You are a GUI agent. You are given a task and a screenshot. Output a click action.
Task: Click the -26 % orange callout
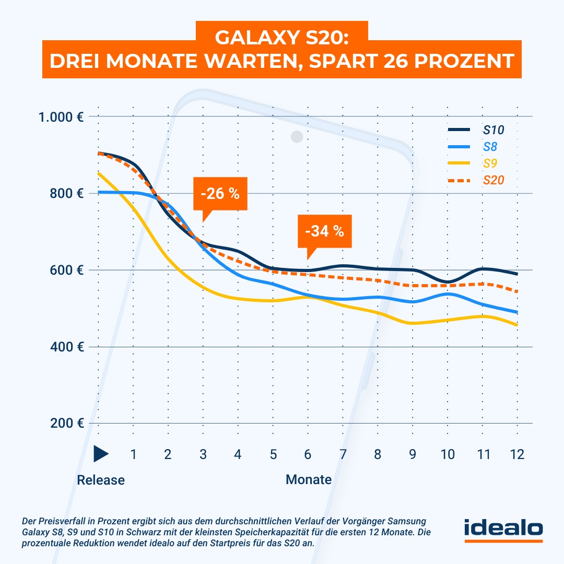tap(219, 194)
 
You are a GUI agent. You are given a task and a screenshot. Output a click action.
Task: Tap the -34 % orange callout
tap(324, 231)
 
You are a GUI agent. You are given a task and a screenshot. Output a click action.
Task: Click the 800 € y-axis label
tap(67, 194)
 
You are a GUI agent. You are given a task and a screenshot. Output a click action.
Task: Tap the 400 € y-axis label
tap(67, 347)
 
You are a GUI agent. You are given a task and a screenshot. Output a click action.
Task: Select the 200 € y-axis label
tap(67, 424)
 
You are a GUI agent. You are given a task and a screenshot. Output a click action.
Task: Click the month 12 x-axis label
tap(517, 455)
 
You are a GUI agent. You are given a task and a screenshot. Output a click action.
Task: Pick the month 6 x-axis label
tap(308, 455)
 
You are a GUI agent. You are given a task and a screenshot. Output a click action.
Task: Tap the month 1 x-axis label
tap(133, 455)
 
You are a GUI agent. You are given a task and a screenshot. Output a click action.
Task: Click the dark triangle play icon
tap(100, 454)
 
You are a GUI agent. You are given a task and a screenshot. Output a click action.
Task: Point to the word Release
tap(101, 479)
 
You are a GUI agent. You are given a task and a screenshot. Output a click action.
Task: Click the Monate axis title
tap(308, 479)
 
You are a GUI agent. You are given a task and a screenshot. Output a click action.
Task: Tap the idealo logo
tap(503, 528)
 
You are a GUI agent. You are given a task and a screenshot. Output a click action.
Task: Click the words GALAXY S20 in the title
tap(282, 38)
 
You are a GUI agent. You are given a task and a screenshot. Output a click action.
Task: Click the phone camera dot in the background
tap(297, 137)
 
